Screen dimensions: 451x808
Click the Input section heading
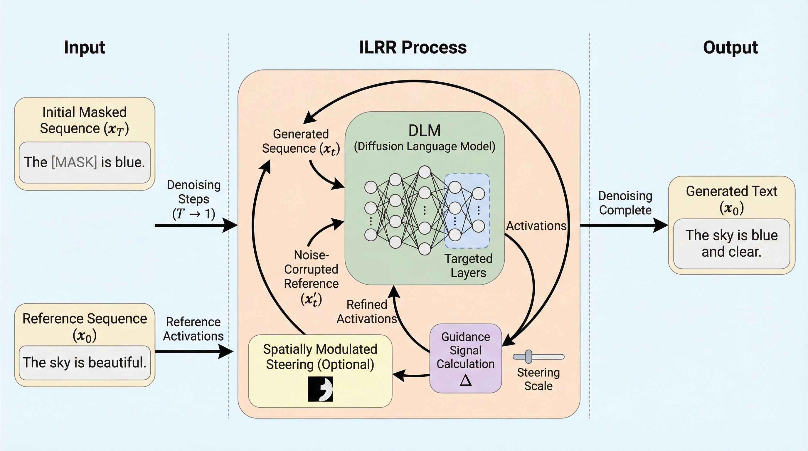click(84, 48)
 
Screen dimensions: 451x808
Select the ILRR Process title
click(413, 48)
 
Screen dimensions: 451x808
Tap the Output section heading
click(730, 48)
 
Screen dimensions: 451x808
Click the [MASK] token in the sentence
click(74, 162)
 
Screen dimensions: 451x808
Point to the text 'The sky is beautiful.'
click(84, 363)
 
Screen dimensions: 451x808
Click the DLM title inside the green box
click(424, 130)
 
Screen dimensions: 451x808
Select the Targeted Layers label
click(468, 266)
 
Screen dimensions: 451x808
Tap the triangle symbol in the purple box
click(465, 380)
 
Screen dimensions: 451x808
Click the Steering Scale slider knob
click(528, 356)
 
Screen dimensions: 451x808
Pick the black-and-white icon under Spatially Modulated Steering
click(320, 389)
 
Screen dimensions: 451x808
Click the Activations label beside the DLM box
click(536, 226)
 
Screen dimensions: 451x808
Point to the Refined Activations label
click(367, 312)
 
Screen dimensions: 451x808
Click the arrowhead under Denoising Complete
click(660, 225)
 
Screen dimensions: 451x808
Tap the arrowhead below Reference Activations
click(226, 351)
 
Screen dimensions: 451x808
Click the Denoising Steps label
click(193, 199)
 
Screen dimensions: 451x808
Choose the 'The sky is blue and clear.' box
click(731, 244)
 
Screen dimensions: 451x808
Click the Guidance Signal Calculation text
click(465, 350)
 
